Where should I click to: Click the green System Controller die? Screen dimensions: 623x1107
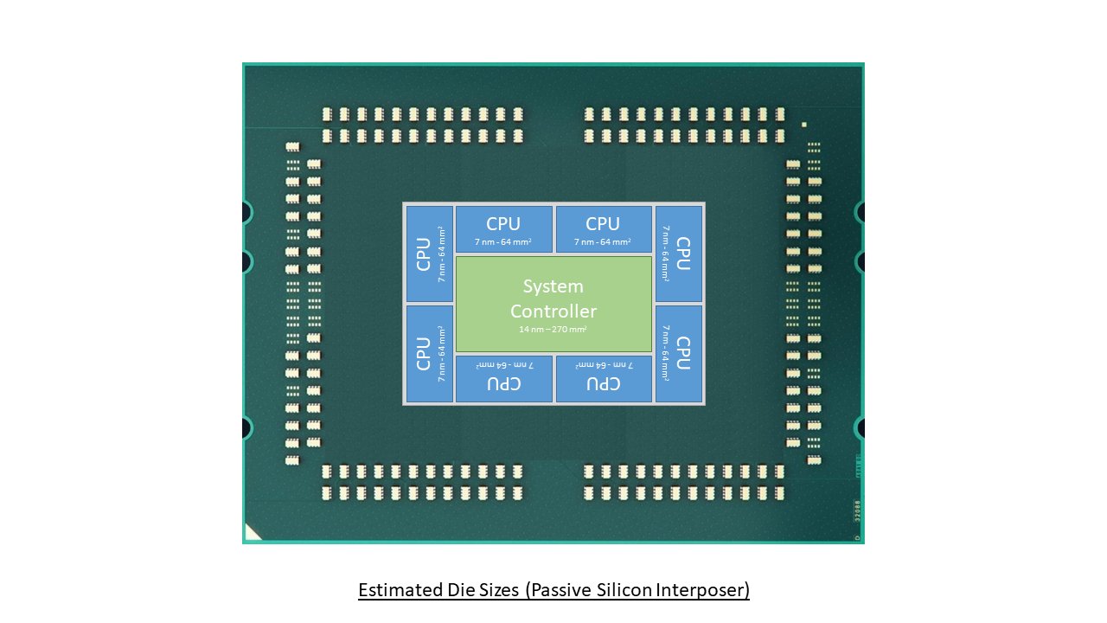point(553,303)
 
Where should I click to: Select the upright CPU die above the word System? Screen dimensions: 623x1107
point(503,229)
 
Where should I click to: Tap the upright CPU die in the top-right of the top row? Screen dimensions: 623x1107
point(604,229)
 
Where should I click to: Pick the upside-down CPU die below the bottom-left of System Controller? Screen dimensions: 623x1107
point(503,379)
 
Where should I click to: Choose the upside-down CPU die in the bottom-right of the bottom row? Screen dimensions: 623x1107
point(604,379)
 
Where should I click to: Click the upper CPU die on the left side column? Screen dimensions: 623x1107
point(430,254)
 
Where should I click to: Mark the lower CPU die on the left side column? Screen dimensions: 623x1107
point(430,353)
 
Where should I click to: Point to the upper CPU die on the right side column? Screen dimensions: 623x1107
point(679,254)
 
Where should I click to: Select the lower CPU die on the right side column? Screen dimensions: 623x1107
point(679,353)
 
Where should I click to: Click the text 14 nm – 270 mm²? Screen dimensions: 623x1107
point(553,330)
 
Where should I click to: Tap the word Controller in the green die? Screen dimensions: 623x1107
point(553,311)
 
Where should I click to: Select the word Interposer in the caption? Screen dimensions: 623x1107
point(704,591)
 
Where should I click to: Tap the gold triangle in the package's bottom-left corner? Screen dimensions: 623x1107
point(251,534)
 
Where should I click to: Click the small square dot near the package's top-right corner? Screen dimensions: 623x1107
point(803,125)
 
